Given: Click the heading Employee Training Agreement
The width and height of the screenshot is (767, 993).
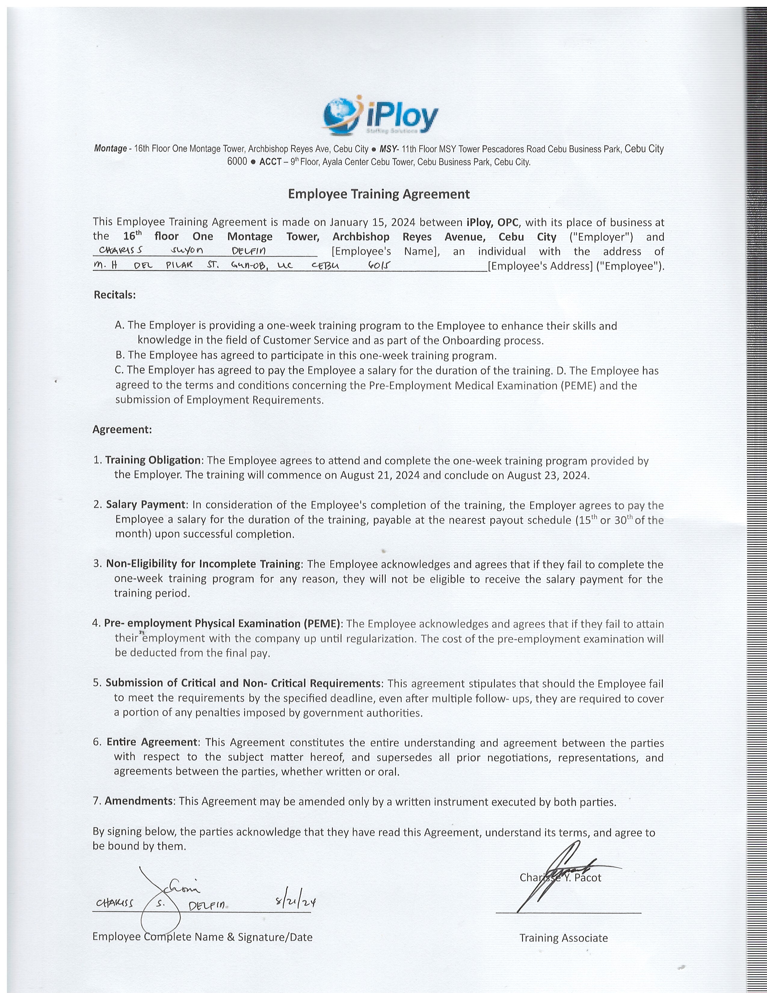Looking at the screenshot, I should tap(378, 194).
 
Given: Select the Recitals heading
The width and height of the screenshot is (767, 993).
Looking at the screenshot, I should tap(115, 295).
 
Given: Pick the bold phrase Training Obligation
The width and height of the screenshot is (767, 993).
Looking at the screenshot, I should tap(153, 460).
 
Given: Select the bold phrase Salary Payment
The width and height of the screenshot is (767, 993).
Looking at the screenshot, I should tap(145, 504).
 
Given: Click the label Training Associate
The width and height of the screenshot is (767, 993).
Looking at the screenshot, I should tap(563, 938).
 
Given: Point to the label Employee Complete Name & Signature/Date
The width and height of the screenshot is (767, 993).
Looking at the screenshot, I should tap(202, 937).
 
